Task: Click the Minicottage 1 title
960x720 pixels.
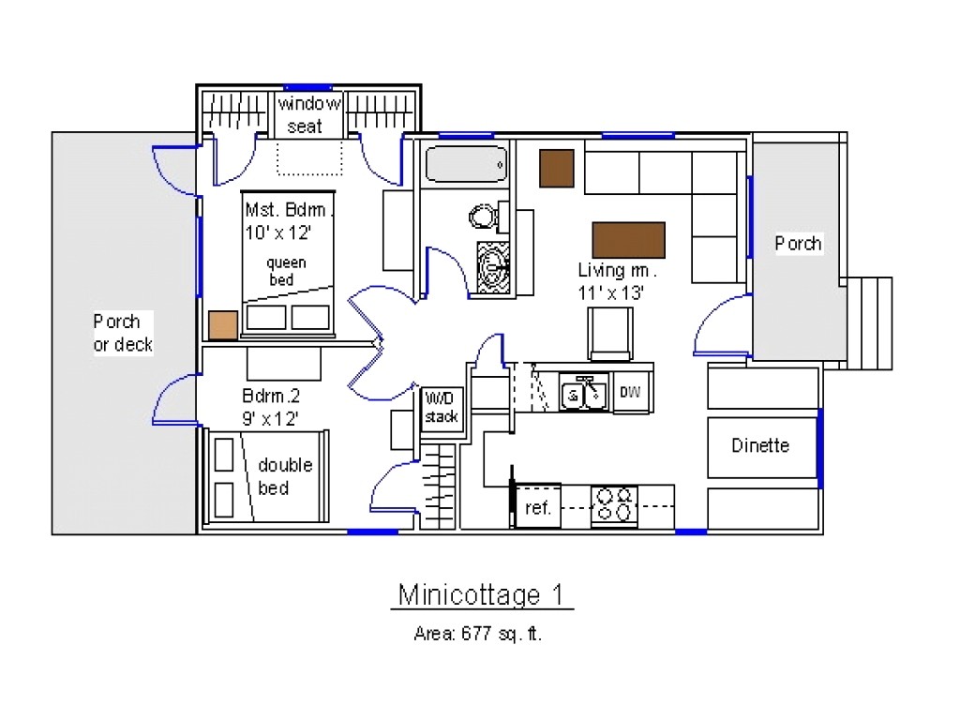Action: point(479,594)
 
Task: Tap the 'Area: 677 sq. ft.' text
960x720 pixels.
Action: point(478,634)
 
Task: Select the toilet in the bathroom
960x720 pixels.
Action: point(484,217)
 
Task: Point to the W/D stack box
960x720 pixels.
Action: point(440,406)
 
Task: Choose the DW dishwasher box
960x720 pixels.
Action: point(630,392)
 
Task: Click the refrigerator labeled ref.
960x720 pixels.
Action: point(537,507)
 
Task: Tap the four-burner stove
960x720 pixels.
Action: point(614,505)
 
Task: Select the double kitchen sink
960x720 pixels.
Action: point(584,393)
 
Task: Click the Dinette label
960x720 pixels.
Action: point(760,445)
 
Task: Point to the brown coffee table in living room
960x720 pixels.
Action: point(628,240)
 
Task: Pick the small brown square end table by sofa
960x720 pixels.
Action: point(556,168)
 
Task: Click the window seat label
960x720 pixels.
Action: point(309,114)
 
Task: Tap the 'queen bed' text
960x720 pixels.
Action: point(286,271)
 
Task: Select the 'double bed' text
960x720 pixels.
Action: point(285,476)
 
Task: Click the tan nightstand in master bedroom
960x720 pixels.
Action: point(223,324)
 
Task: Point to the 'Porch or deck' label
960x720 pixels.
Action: point(122,333)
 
